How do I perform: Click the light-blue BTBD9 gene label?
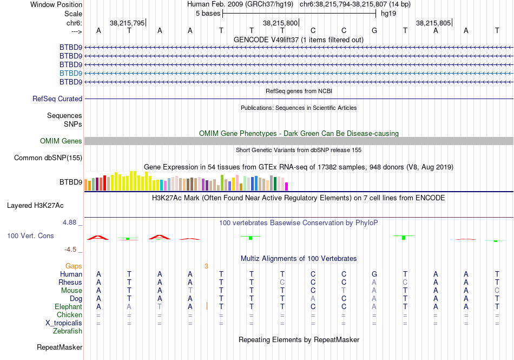71,73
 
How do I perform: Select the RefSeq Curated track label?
57,99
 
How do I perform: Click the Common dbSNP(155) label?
48,158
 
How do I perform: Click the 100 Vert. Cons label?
30,236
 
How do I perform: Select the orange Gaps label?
74,266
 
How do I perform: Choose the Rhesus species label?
71,282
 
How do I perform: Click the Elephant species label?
69,306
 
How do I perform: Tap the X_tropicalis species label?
64,323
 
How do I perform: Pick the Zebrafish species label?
68,331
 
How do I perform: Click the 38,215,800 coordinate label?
280,23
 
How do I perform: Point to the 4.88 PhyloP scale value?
71,222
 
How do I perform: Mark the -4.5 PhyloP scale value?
71,250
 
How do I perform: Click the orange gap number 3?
206,266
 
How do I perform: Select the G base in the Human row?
374,274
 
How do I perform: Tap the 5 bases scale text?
208,13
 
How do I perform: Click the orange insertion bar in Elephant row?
207,306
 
